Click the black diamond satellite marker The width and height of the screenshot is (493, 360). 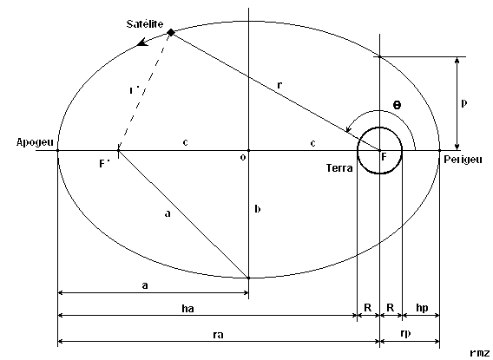click(171, 32)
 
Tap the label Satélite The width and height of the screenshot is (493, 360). click(145, 24)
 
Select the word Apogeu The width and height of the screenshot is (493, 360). click(35, 142)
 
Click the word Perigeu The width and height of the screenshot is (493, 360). click(463, 160)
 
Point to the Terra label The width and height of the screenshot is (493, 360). click(339, 168)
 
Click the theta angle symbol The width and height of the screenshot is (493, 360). click(398, 105)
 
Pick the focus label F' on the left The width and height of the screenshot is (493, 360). click(104, 164)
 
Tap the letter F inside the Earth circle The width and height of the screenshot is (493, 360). click(384, 157)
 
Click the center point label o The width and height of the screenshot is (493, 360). click(243, 157)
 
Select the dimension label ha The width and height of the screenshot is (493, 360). click(187, 309)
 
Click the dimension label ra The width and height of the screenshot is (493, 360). click(218, 335)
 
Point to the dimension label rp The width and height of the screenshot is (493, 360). click(405, 334)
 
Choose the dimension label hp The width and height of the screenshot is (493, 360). click(422, 308)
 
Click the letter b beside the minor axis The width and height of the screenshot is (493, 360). click(257, 209)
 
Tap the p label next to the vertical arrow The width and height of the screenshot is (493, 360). click(463, 103)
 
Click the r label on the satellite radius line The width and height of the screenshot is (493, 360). click(279, 85)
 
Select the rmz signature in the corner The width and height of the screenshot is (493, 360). click(480, 353)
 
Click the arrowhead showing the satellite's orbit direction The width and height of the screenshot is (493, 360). click(143, 43)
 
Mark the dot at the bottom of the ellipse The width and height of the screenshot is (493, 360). click(248, 278)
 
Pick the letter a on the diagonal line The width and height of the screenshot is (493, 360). click(168, 214)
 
